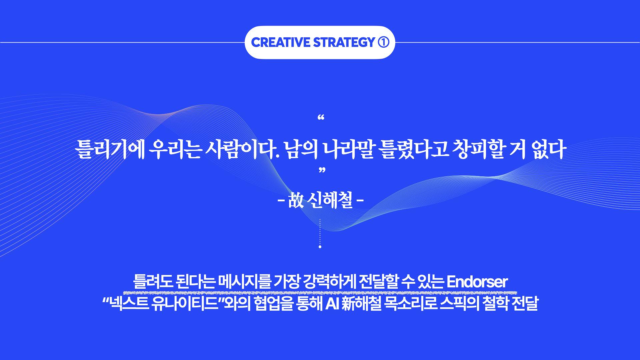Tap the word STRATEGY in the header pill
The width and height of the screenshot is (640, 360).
344,42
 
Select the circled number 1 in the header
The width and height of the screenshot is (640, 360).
383,42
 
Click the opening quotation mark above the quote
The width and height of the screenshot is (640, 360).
321,118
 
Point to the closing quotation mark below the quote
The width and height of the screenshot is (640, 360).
321,171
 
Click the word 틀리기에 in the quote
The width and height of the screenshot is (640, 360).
110,150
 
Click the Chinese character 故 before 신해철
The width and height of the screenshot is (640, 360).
296,201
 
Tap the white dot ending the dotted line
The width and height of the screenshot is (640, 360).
320,247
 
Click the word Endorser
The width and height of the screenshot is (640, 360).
477,282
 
